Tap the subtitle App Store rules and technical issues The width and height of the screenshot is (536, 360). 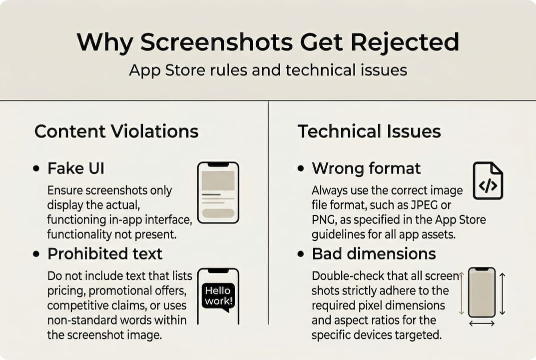[x=268, y=70]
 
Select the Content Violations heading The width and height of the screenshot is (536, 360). [x=116, y=131]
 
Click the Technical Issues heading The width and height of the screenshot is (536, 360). [x=369, y=131]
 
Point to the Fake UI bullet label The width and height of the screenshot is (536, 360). [x=76, y=168]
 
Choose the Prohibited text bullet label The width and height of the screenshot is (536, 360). [x=105, y=253]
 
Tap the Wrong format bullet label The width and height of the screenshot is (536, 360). [x=367, y=168]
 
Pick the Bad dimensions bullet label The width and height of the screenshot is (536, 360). [x=374, y=253]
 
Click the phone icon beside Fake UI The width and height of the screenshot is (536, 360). [x=218, y=192]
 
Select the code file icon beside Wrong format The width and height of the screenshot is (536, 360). [x=488, y=180]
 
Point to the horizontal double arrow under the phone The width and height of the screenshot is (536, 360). [x=482, y=323]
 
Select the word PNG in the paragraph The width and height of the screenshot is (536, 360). [x=324, y=220]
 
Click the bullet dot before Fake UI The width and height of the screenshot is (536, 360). [x=36, y=169]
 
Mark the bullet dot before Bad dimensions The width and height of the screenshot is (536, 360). [x=301, y=254]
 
